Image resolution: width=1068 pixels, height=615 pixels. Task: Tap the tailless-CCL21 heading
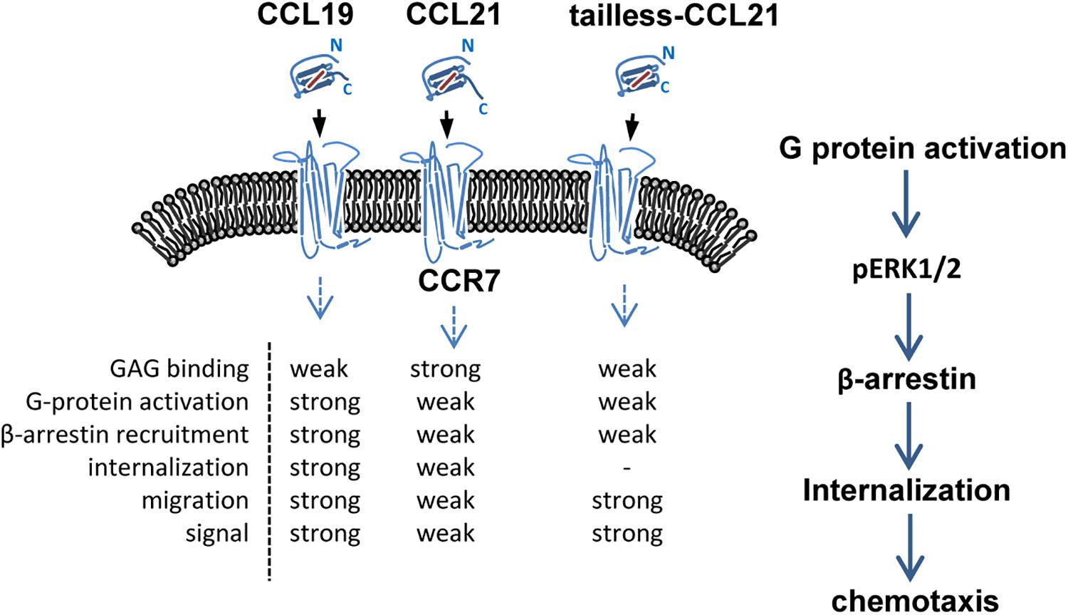coord(674,16)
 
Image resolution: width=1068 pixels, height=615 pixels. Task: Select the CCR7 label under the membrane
coord(459,281)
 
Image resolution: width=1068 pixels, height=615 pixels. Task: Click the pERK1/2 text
coord(906,270)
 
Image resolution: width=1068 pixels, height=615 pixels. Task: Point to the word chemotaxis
coord(915,601)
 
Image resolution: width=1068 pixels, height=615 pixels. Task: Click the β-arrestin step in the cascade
coord(906,379)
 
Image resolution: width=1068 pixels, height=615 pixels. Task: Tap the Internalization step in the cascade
coord(906,490)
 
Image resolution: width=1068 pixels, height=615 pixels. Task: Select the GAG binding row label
coord(179,369)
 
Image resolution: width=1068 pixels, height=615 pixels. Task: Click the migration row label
coord(195,501)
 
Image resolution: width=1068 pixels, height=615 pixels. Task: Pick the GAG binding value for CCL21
coord(445,369)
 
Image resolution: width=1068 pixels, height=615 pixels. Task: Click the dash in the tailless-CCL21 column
coord(627,468)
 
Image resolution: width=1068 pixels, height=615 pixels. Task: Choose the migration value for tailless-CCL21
coord(627,501)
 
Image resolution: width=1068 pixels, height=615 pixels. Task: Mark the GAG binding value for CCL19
coord(319,369)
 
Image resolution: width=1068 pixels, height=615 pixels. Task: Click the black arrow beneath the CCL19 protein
coord(320,123)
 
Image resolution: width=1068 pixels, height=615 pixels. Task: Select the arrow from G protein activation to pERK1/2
coord(906,203)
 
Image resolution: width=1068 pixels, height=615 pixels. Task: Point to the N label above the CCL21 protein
coord(468,46)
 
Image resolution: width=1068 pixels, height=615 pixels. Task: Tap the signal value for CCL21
coord(445,534)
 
